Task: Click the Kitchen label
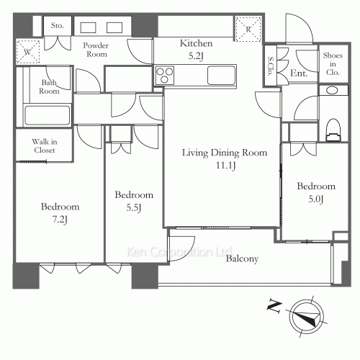(x=196, y=43)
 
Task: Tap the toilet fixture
(x=333, y=130)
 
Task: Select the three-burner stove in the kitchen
(x=164, y=76)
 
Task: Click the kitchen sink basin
(x=221, y=76)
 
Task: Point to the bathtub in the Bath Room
(x=48, y=115)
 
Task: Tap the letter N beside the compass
(x=274, y=305)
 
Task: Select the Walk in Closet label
(x=45, y=146)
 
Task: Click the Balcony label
(x=242, y=258)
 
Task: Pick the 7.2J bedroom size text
(x=60, y=220)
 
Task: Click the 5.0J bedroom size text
(x=316, y=199)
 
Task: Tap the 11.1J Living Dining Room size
(x=225, y=166)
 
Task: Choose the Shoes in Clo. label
(x=333, y=64)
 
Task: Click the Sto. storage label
(x=58, y=25)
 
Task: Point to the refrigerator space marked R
(x=248, y=30)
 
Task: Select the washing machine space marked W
(x=28, y=52)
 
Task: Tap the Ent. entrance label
(x=299, y=73)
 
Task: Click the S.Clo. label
(x=271, y=66)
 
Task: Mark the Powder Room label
(x=96, y=50)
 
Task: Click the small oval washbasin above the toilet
(x=333, y=91)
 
